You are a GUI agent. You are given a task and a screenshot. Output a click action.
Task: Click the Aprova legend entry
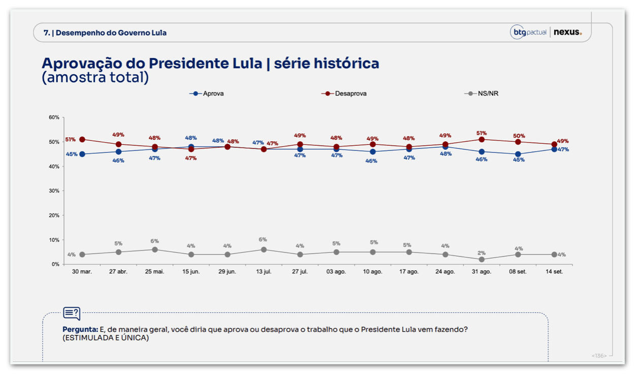(x=207, y=93)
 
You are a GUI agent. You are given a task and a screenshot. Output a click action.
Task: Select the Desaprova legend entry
(x=344, y=93)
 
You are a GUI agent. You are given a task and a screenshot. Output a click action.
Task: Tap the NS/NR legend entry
(x=482, y=93)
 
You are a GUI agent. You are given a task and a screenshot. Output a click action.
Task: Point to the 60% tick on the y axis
(x=54, y=117)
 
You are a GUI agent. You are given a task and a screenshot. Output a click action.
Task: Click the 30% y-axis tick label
(x=54, y=191)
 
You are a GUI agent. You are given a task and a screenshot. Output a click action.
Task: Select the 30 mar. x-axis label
(x=82, y=272)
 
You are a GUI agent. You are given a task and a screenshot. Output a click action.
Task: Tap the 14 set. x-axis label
(x=554, y=272)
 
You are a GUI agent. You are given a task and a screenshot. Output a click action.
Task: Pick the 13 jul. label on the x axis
(x=264, y=272)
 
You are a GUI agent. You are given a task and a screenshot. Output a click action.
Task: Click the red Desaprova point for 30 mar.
(x=82, y=139)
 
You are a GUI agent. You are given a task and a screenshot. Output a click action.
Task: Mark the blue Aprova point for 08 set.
(x=518, y=154)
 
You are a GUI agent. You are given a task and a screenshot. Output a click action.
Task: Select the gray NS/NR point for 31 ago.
(x=482, y=260)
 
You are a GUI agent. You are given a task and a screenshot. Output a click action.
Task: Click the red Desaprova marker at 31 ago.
(x=482, y=139)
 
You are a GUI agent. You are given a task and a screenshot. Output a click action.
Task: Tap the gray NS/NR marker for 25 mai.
(x=155, y=249)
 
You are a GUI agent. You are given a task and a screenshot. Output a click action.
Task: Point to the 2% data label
(x=482, y=253)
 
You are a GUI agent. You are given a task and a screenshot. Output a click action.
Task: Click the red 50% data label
(x=519, y=136)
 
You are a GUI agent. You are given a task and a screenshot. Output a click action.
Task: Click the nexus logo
(x=568, y=32)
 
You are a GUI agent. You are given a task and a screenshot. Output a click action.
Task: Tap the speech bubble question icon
(x=72, y=314)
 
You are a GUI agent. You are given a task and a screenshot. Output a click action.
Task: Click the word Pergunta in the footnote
(x=80, y=330)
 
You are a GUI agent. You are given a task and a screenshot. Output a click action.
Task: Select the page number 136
(x=599, y=356)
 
